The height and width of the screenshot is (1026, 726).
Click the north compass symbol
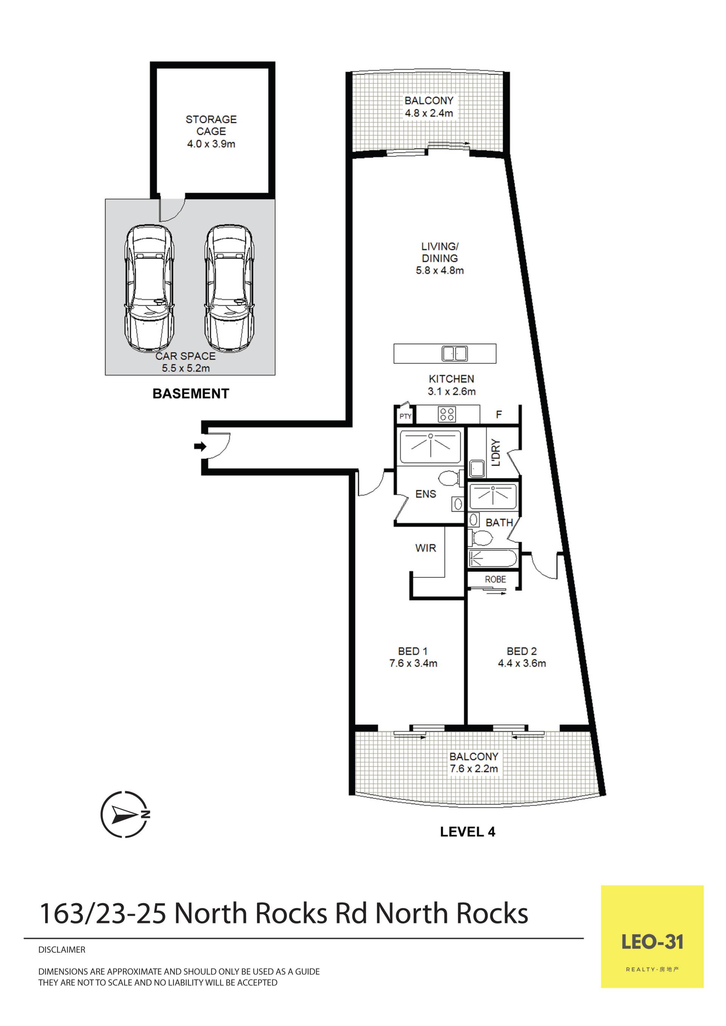(x=125, y=814)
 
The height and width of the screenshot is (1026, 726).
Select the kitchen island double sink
(x=455, y=353)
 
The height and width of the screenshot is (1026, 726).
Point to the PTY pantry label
(x=405, y=416)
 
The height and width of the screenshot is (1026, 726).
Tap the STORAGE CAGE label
(x=211, y=125)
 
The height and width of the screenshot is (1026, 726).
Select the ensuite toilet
(x=451, y=478)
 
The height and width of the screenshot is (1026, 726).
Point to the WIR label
(x=426, y=548)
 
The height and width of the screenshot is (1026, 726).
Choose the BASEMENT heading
(x=191, y=394)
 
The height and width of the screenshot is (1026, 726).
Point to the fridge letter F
(x=499, y=415)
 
